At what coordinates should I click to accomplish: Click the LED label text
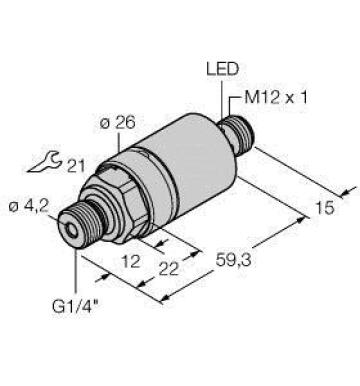(x=223, y=69)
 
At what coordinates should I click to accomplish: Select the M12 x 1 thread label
(x=276, y=97)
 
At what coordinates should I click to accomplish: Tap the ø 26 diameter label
(x=118, y=123)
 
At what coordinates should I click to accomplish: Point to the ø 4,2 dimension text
(x=29, y=207)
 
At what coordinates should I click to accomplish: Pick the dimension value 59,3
(x=233, y=260)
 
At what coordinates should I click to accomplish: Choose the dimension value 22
(x=169, y=269)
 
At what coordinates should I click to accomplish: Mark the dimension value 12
(x=130, y=261)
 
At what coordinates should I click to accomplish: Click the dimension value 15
(x=324, y=208)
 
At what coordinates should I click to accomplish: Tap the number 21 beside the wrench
(x=76, y=166)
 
